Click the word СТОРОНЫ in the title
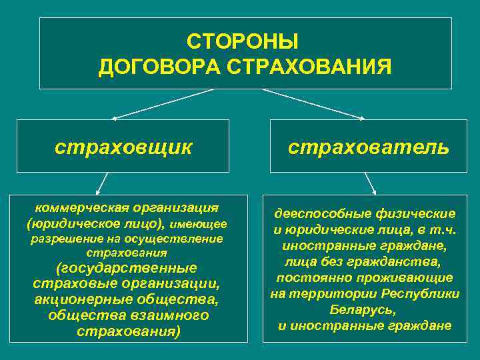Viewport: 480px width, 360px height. point(243,43)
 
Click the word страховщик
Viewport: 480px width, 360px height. point(123,146)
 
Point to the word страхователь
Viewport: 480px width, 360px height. point(368,146)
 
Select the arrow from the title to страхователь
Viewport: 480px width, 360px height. point(313,104)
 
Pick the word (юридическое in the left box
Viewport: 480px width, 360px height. point(63,223)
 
